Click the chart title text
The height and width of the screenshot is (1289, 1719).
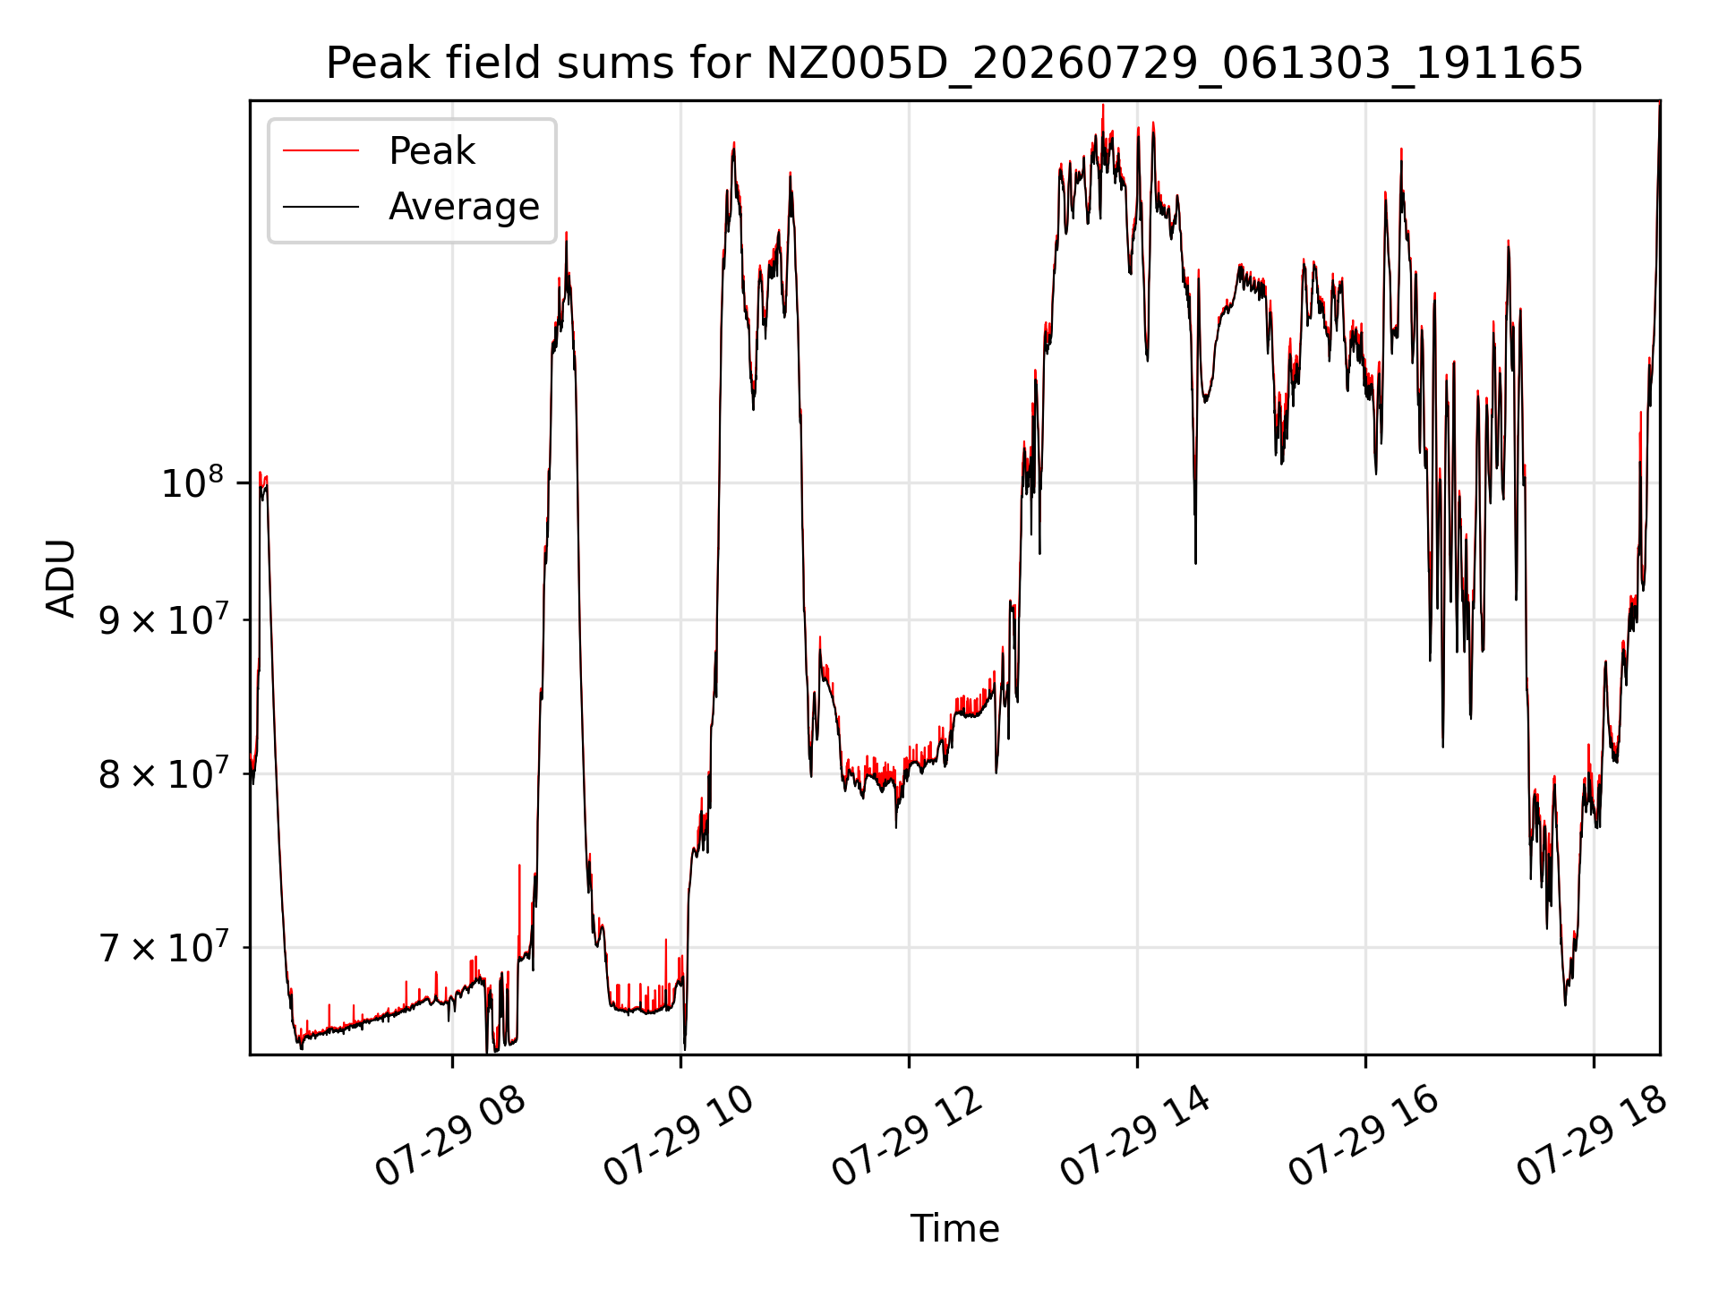(x=954, y=64)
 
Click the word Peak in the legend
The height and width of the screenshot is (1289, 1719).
(x=432, y=151)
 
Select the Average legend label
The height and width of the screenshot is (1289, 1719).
(x=464, y=207)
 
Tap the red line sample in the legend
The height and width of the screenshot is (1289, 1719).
(x=321, y=151)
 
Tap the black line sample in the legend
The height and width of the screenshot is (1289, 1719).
(x=321, y=207)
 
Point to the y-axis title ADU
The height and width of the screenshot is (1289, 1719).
(x=61, y=577)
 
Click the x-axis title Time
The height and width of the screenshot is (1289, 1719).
(x=954, y=1228)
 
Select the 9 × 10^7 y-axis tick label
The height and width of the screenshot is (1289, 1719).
(x=162, y=619)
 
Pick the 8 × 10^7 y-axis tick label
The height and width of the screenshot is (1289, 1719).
(x=162, y=773)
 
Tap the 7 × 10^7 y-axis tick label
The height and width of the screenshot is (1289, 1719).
(x=162, y=946)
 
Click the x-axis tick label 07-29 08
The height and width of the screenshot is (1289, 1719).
(x=449, y=1135)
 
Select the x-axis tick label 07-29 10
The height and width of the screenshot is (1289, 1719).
(x=678, y=1135)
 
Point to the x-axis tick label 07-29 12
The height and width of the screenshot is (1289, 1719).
(x=907, y=1135)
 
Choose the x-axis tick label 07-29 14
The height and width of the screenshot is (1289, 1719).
(x=1135, y=1135)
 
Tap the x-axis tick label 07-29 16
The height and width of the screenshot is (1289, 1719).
(x=1364, y=1135)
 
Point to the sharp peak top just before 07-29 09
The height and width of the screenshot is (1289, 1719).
(x=566, y=235)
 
